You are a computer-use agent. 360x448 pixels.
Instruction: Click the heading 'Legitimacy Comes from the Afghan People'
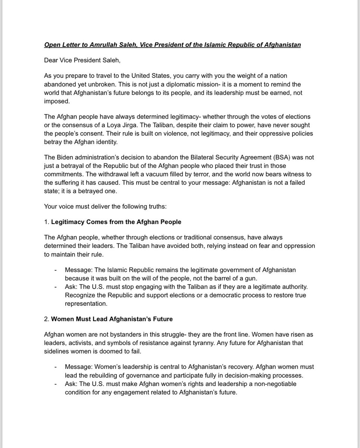(116, 222)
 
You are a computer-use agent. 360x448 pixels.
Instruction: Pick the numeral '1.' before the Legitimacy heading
(47, 222)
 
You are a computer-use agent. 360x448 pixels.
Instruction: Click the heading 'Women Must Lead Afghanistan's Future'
(112, 319)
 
